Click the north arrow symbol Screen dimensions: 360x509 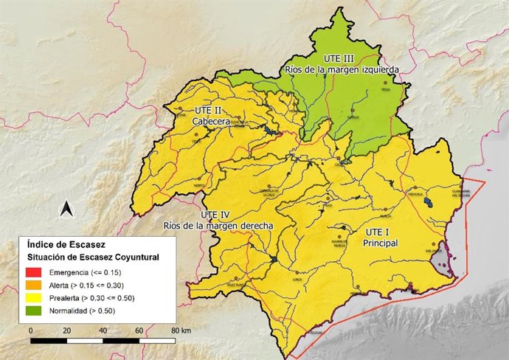click(x=66, y=210)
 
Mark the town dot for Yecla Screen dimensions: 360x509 click(x=384, y=83)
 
